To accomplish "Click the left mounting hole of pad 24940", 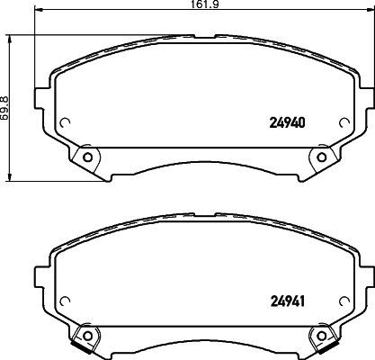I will [87, 158].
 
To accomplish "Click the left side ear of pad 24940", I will [40, 96].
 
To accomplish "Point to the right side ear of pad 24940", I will [368, 96].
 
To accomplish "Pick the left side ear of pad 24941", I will [40, 274].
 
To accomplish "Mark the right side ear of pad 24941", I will [368, 274].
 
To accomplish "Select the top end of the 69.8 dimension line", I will [12, 37].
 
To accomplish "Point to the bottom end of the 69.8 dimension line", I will [12, 178].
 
